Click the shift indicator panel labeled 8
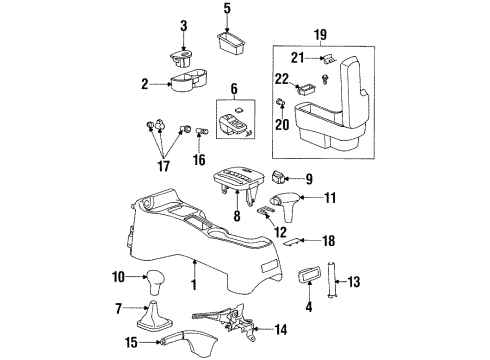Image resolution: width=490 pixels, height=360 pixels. point(241,180)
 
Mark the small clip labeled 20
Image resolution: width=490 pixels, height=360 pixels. point(281,105)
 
